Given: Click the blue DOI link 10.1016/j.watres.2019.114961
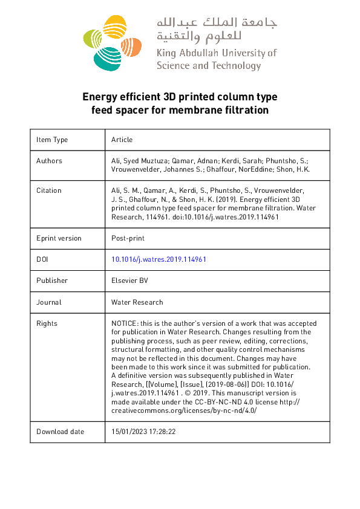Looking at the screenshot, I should (159, 259).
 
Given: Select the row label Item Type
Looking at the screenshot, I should (52, 140).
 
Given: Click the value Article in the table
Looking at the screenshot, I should (122, 140).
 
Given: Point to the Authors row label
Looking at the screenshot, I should (49, 161).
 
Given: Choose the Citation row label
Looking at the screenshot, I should (49, 190).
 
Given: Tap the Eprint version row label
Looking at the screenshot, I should (59, 238).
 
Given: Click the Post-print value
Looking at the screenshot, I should (127, 238).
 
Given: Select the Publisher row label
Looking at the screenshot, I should (52, 280).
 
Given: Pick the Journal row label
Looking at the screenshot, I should (49, 302).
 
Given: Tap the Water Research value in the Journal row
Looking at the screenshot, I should (137, 302).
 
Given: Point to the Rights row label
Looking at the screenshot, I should (47, 323).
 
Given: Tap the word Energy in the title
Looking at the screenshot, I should (98, 97).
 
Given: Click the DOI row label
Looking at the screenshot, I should (42, 259).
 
